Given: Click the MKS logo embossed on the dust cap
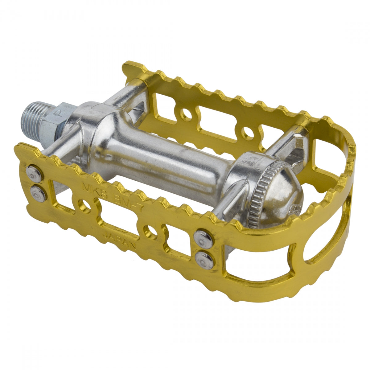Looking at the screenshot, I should point(292,209).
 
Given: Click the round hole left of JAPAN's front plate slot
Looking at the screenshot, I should point(84,205).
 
